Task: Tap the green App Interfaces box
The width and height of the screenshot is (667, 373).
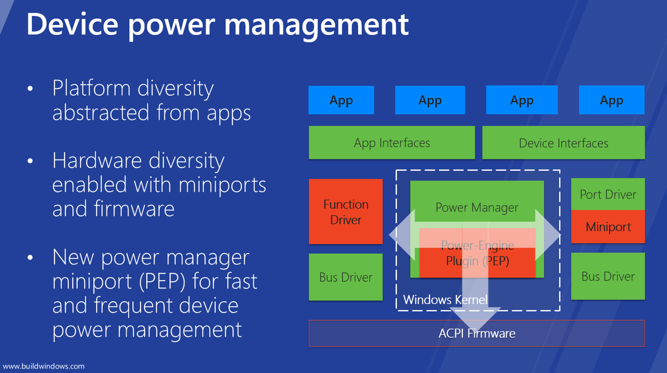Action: pyautogui.click(x=392, y=143)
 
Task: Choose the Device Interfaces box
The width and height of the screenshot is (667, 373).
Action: pyautogui.click(x=564, y=143)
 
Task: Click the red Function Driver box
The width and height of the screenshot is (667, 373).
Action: pyautogui.click(x=346, y=212)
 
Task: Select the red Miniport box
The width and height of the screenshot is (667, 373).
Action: pyautogui.click(x=608, y=227)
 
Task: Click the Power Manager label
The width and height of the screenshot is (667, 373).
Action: pyautogui.click(x=476, y=208)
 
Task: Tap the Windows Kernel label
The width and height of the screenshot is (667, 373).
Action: pyautogui.click(x=445, y=300)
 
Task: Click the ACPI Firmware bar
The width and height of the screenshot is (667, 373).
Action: pyautogui.click(x=476, y=334)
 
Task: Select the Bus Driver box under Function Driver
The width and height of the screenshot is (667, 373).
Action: pyautogui.click(x=346, y=277)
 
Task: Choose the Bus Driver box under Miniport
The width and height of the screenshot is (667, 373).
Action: pyautogui.click(x=608, y=276)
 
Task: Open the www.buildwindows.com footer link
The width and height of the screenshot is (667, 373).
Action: pyautogui.click(x=44, y=366)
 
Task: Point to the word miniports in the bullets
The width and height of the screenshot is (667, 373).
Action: pyautogui.click(x=221, y=185)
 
